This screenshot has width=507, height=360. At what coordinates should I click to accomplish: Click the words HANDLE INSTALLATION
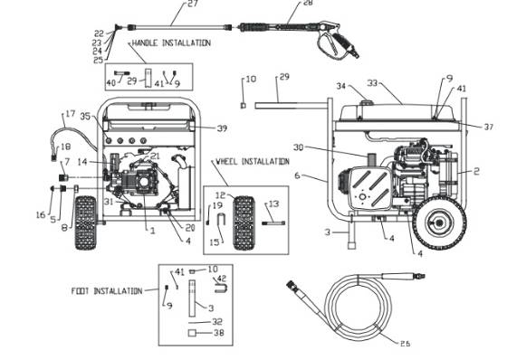click(x=171, y=43)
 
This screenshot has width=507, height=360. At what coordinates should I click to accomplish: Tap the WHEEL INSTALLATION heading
click(x=252, y=162)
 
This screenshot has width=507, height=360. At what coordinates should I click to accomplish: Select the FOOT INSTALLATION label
click(x=106, y=291)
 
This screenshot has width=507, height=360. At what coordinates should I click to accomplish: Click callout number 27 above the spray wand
click(x=191, y=5)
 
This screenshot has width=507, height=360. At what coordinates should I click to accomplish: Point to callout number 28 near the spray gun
click(x=307, y=4)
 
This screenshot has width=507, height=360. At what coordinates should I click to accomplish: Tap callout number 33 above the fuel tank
click(x=373, y=83)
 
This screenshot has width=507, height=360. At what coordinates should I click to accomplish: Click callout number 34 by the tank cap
click(x=340, y=86)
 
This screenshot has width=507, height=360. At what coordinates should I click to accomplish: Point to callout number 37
click(x=488, y=127)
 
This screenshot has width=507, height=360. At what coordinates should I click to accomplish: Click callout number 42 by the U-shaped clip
click(x=221, y=279)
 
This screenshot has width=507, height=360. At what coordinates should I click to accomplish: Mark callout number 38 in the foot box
click(x=217, y=333)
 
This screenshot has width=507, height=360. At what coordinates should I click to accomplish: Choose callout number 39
click(x=222, y=128)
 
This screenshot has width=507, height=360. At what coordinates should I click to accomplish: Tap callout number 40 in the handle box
click(x=111, y=82)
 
